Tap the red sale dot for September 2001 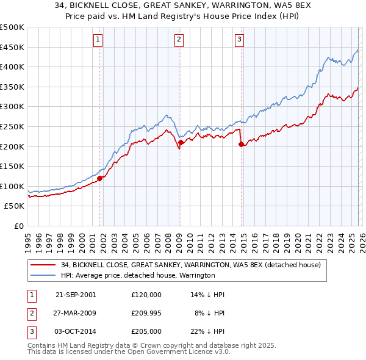click(100, 178)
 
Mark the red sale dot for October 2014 click(241, 145)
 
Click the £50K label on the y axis click(15, 206)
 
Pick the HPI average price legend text click(138, 275)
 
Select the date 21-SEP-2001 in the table click(76, 295)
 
